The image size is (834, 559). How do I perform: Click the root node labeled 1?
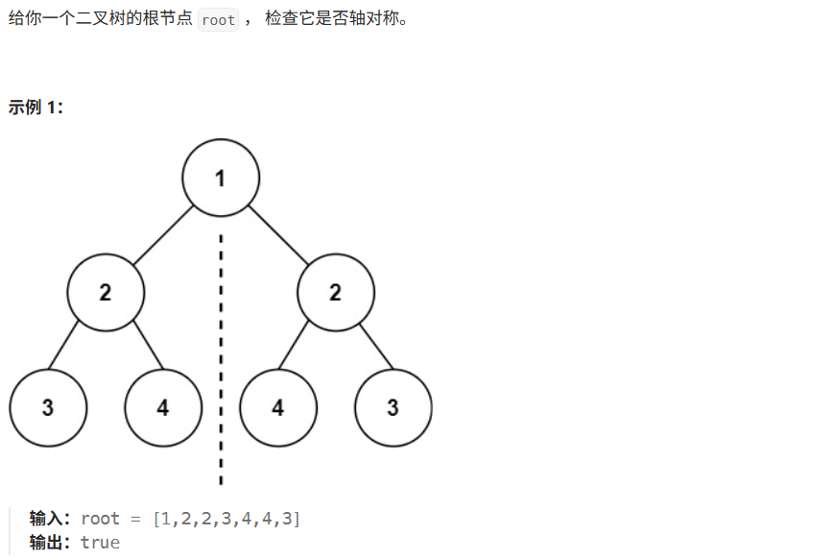click(221, 178)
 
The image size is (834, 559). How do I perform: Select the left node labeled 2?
click(106, 293)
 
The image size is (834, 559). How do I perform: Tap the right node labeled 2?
click(335, 293)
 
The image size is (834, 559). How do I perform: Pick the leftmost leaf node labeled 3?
click(48, 407)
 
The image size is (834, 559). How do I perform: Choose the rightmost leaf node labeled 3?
click(393, 407)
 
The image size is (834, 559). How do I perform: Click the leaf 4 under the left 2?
click(163, 407)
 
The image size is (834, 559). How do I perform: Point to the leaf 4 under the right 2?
click(277, 407)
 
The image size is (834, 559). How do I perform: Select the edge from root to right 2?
click(278, 235)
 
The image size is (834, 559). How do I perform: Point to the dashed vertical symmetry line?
click(221, 384)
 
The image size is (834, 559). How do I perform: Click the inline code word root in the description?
click(219, 20)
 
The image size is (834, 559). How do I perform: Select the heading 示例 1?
click(36, 108)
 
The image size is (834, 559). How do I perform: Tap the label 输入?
click(51, 519)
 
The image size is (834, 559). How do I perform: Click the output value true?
click(100, 543)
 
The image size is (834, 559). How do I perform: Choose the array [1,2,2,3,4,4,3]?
click(226, 519)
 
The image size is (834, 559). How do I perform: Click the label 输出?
click(51, 543)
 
